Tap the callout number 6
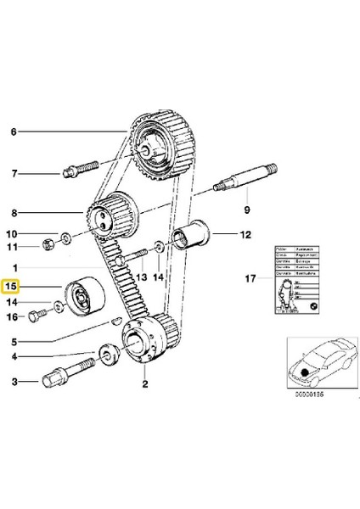coord(13,132)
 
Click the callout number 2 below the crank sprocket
coord(145,384)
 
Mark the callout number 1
coord(13,266)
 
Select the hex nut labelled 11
coord(49,247)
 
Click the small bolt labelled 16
coord(35,318)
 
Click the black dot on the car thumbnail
coord(303,372)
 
